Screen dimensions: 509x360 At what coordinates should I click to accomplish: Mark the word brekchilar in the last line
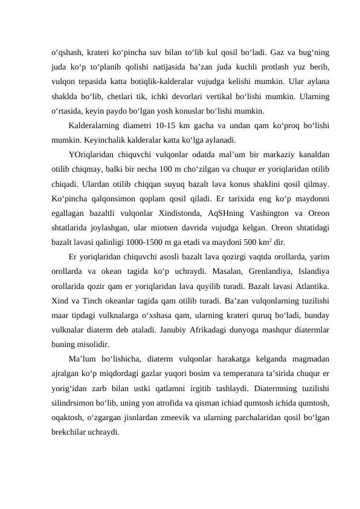point(69,424)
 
